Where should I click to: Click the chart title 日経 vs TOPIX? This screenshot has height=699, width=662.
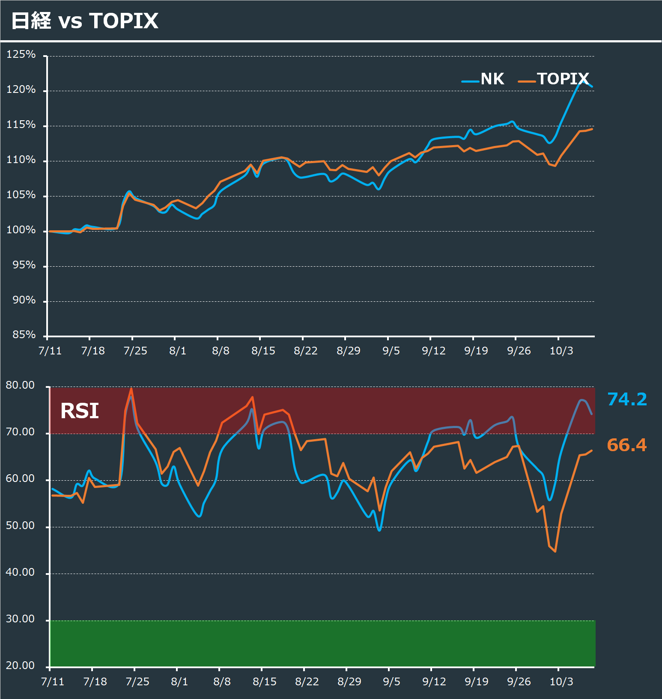(x=85, y=21)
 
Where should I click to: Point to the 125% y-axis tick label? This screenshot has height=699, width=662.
(x=21, y=54)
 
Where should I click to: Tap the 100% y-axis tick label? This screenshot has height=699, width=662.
(x=21, y=230)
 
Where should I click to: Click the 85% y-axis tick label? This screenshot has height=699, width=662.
(x=24, y=334)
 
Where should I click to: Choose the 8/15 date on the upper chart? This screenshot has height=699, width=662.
(x=263, y=351)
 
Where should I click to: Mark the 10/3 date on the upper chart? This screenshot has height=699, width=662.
(x=561, y=351)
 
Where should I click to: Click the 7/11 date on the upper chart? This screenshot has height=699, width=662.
(x=50, y=351)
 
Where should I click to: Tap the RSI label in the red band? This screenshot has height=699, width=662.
(x=80, y=411)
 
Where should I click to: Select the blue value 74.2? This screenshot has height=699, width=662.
(x=627, y=399)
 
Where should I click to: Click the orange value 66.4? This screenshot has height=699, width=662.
(x=626, y=445)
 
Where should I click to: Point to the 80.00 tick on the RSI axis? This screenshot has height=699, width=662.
(x=20, y=385)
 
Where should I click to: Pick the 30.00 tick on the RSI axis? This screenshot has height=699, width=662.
(x=20, y=619)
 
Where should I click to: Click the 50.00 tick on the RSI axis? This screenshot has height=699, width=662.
(x=20, y=526)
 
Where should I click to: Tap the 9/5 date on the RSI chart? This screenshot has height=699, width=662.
(x=391, y=681)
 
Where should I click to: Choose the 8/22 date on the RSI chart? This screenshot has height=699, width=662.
(x=307, y=681)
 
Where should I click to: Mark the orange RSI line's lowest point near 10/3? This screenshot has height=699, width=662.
(x=555, y=551)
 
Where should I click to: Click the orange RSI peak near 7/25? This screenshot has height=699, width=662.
(x=131, y=389)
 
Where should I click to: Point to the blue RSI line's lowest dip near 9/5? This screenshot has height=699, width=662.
(x=379, y=530)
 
